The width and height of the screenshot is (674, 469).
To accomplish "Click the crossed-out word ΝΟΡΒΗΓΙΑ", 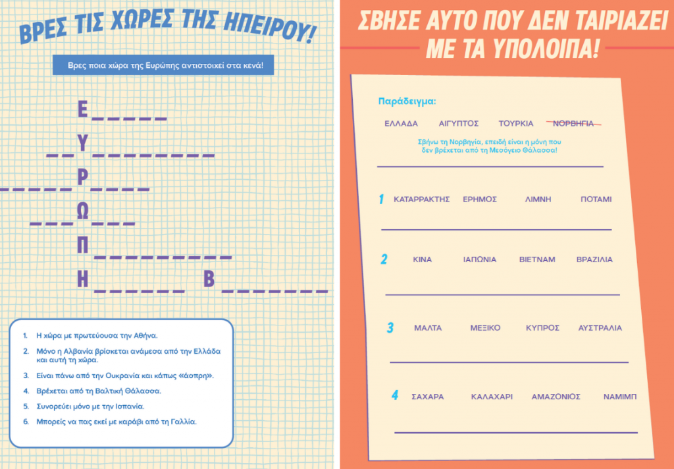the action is pos(573,123).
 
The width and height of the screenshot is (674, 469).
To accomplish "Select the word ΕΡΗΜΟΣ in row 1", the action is pos(480,199).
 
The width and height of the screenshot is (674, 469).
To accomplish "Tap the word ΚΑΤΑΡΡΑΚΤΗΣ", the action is pos(422,199).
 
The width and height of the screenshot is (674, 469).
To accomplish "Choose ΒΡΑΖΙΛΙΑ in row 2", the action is pos(594,260).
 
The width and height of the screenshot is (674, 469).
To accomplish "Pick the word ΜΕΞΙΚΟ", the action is pos(485,328).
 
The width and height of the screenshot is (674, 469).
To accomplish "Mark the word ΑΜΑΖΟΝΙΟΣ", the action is pos(556,397).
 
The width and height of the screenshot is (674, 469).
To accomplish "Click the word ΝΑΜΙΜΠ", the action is pos(620,397).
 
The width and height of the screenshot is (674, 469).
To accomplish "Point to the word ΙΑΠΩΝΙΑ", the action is pos(480,260).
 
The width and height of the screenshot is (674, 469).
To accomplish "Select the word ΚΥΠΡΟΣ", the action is pos(542,328).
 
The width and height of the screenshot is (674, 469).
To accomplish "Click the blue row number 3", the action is pos(390,328).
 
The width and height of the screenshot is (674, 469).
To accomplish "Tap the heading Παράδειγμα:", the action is pos(407,101).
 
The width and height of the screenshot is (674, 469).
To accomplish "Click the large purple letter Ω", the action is pos(82,211).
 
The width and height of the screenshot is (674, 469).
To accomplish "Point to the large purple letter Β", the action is pos(209,279).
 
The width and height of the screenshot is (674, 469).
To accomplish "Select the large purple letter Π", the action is pos(82,245).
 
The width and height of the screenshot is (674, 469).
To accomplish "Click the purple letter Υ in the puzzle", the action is pos(83,143).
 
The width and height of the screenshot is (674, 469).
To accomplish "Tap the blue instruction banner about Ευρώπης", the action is pos(163,65).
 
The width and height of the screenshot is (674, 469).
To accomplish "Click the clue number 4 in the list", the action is pos(26,391).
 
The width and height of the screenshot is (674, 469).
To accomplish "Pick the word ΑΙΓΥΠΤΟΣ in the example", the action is pos(459,123).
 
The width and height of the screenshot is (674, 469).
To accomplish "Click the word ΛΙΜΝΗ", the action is pos(538,199).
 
